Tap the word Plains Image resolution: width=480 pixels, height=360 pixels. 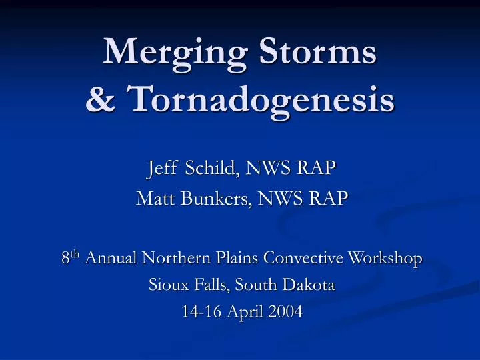click(238, 258)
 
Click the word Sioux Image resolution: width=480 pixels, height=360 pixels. click(164, 285)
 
